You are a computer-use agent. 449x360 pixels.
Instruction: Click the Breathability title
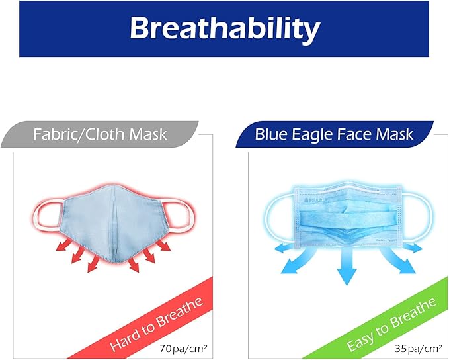coord(224,28)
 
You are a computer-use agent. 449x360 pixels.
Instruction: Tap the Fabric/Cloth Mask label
coord(100,136)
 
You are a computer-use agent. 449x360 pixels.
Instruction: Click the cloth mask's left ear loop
coord(47,214)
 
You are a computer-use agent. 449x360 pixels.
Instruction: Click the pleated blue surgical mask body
coord(345,214)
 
